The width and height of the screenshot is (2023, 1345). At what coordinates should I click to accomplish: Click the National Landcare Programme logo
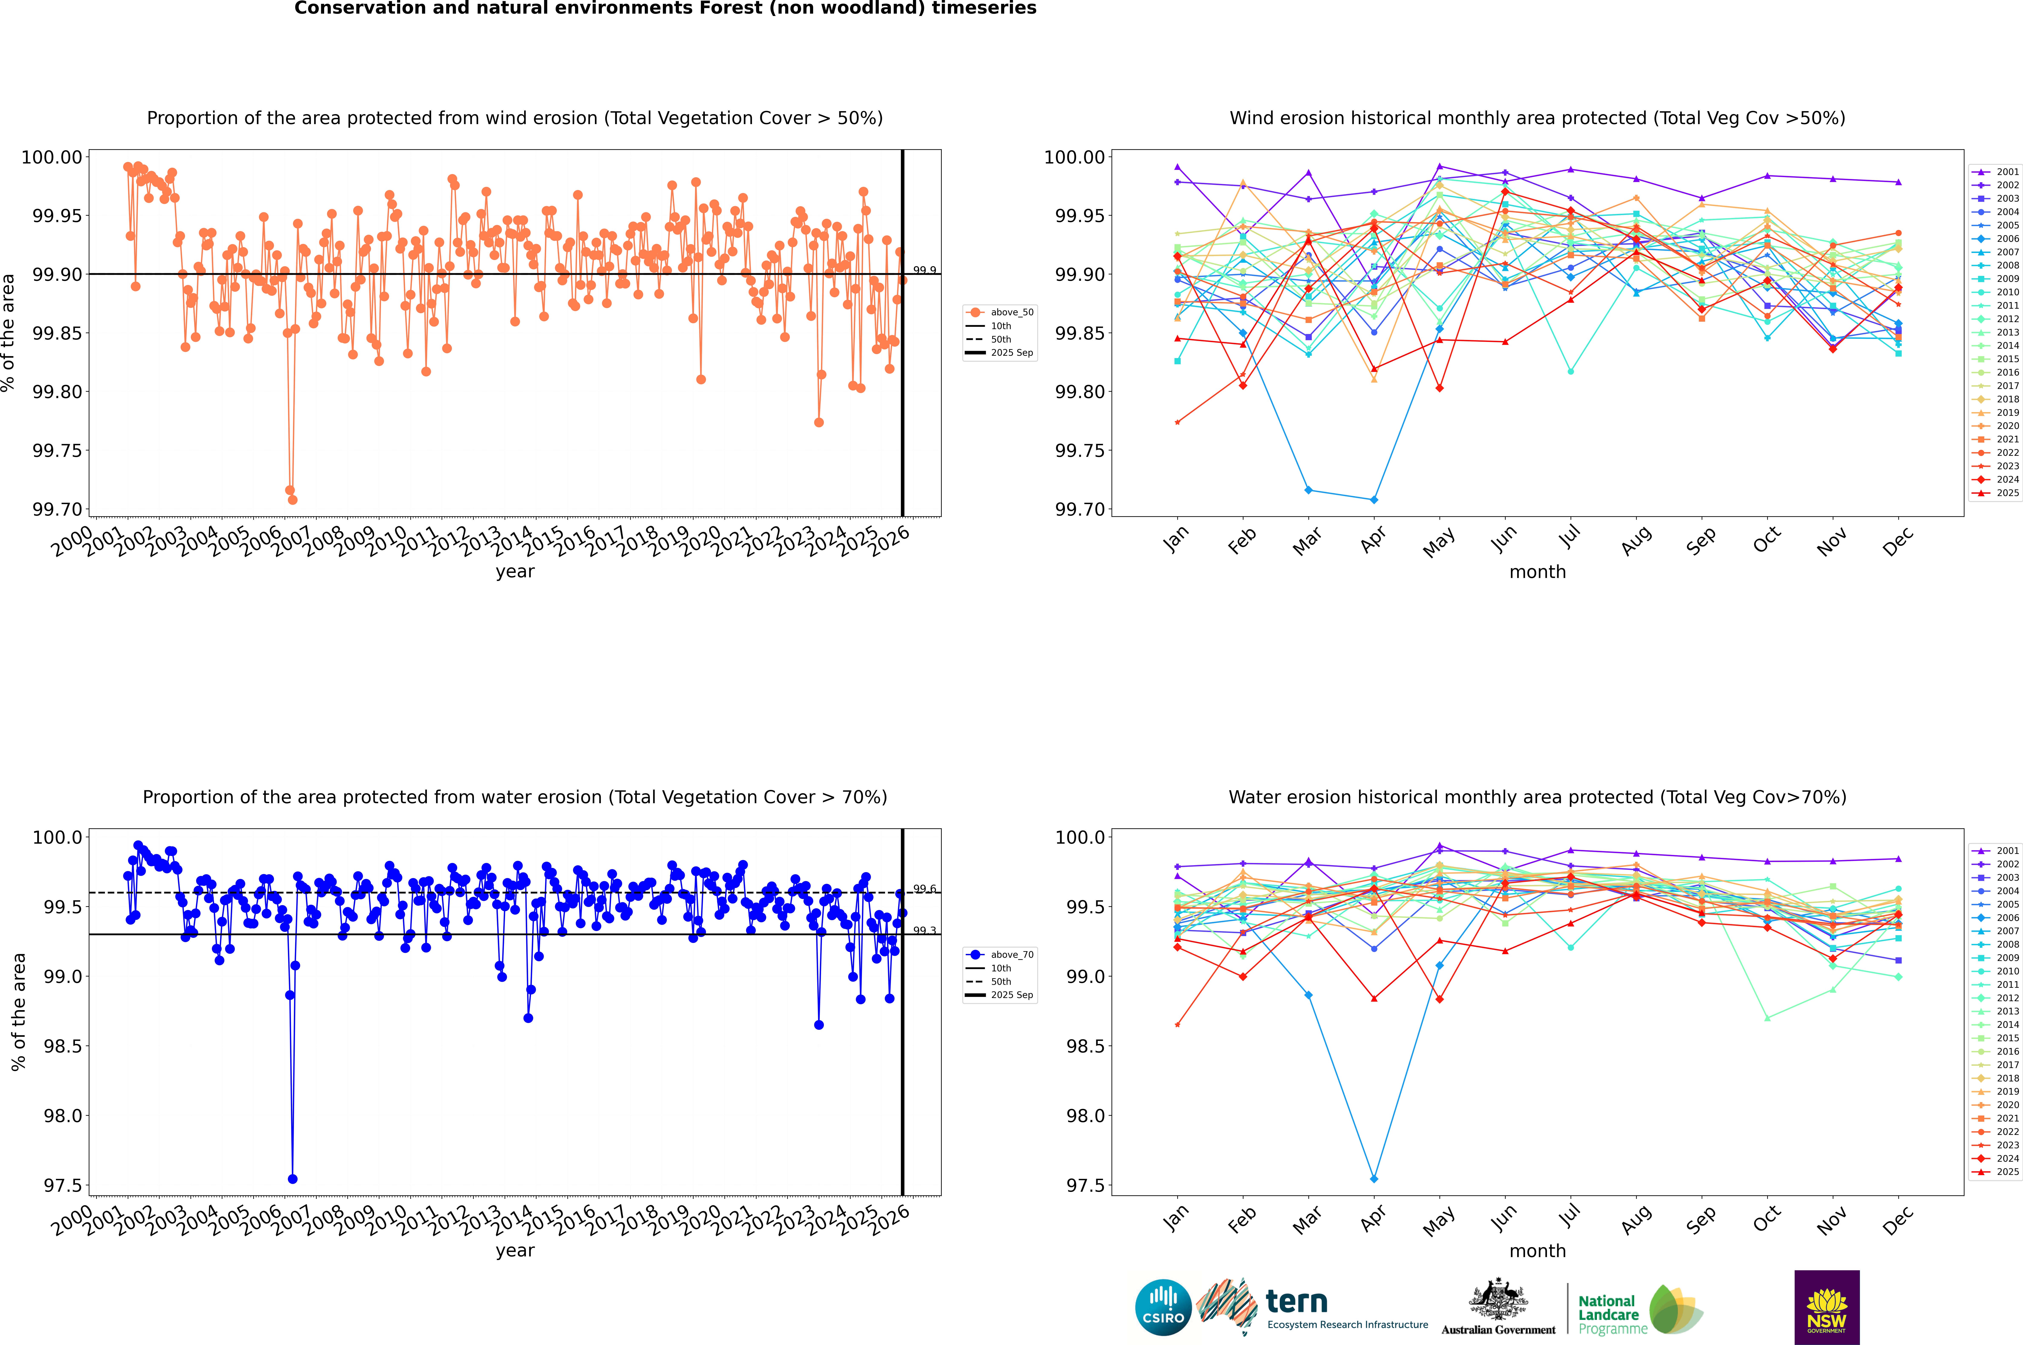pyautogui.click(x=1640, y=1310)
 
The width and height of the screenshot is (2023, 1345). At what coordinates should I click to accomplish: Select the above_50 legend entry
pyautogui.click(x=1000, y=312)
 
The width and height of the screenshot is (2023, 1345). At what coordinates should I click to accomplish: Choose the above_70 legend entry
pyautogui.click(x=1000, y=955)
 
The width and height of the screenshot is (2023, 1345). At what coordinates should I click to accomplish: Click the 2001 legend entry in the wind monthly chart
pyautogui.click(x=1996, y=172)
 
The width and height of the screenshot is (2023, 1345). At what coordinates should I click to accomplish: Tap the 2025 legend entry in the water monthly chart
pyautogui.click(x=1996, y=1172)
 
